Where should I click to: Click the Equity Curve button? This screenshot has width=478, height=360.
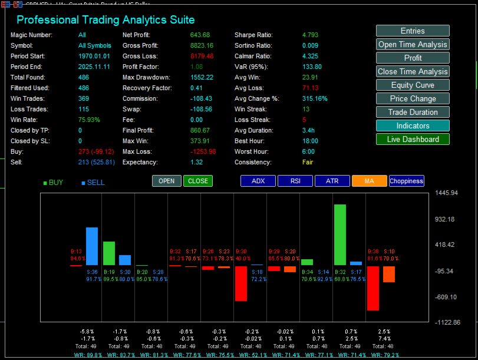pos(413,85)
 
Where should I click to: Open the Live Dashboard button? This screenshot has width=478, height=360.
pos(413,139)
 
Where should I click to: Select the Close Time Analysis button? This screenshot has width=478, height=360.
pos(413,71)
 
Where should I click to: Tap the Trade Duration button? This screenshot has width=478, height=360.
pos(413,112)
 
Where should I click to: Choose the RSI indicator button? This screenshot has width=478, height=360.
pos(295,181)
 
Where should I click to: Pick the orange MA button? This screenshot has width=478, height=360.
pos(369,181)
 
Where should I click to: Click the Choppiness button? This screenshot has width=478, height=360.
pos(407,181)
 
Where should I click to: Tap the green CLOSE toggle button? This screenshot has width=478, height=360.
pos(197,181)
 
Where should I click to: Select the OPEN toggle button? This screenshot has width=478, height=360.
pos(167,181)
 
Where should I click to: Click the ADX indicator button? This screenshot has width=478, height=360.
pos(258,181)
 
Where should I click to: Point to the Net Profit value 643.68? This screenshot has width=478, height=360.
pos(200,35)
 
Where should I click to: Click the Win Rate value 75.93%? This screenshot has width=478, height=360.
pos(89,120)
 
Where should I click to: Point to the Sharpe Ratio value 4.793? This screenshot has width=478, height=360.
pos(311,35)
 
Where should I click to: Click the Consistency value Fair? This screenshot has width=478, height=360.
pos(308,162)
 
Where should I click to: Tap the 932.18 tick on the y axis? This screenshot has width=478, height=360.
pos(444,219)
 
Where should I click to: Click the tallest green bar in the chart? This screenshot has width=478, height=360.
pos(339,235)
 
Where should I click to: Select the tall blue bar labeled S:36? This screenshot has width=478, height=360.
pos(92,246)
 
